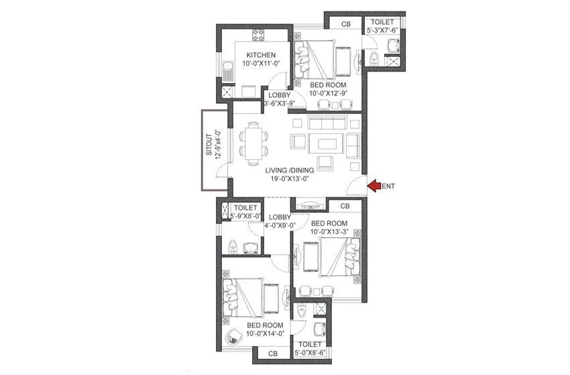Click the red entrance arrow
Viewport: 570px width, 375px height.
[374, 185]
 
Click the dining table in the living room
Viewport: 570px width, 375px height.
[253, 143]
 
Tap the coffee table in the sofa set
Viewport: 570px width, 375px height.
[327, 143]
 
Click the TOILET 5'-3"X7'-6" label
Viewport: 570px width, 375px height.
[382, 26]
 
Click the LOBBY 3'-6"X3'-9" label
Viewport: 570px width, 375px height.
[278, 100]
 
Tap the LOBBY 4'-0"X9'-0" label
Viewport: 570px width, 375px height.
[278, 222]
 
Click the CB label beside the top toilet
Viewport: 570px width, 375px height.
[345, 25]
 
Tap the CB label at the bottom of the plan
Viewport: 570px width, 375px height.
[273, 353]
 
